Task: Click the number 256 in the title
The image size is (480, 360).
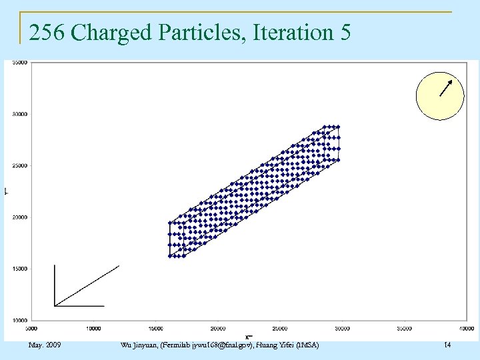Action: pyautogui.click(x=47, y=32)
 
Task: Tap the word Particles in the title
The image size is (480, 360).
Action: pyautogui.click(x=197, y=32)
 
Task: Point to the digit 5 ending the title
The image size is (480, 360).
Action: pyautogui.click(x=344, y=32)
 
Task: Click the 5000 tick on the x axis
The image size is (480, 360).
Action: pyautogui.click(x=31, y=328)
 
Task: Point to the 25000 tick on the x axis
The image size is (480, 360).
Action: pyautogui.click(x=280, y=328)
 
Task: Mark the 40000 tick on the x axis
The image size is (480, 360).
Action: pyautogui.click(x=465, y=328)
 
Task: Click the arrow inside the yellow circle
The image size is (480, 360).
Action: pyautogui.click(x=446, y=88)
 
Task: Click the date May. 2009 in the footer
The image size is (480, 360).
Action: pyautogui.click(x=45, y=345)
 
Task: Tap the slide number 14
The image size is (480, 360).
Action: pyautogui.click(x=447, y=345)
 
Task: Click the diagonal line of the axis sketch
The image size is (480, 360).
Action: pyautogui.click(x=87, y=286)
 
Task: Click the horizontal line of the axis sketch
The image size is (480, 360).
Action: pyautogui.click(x=79, y=306)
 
